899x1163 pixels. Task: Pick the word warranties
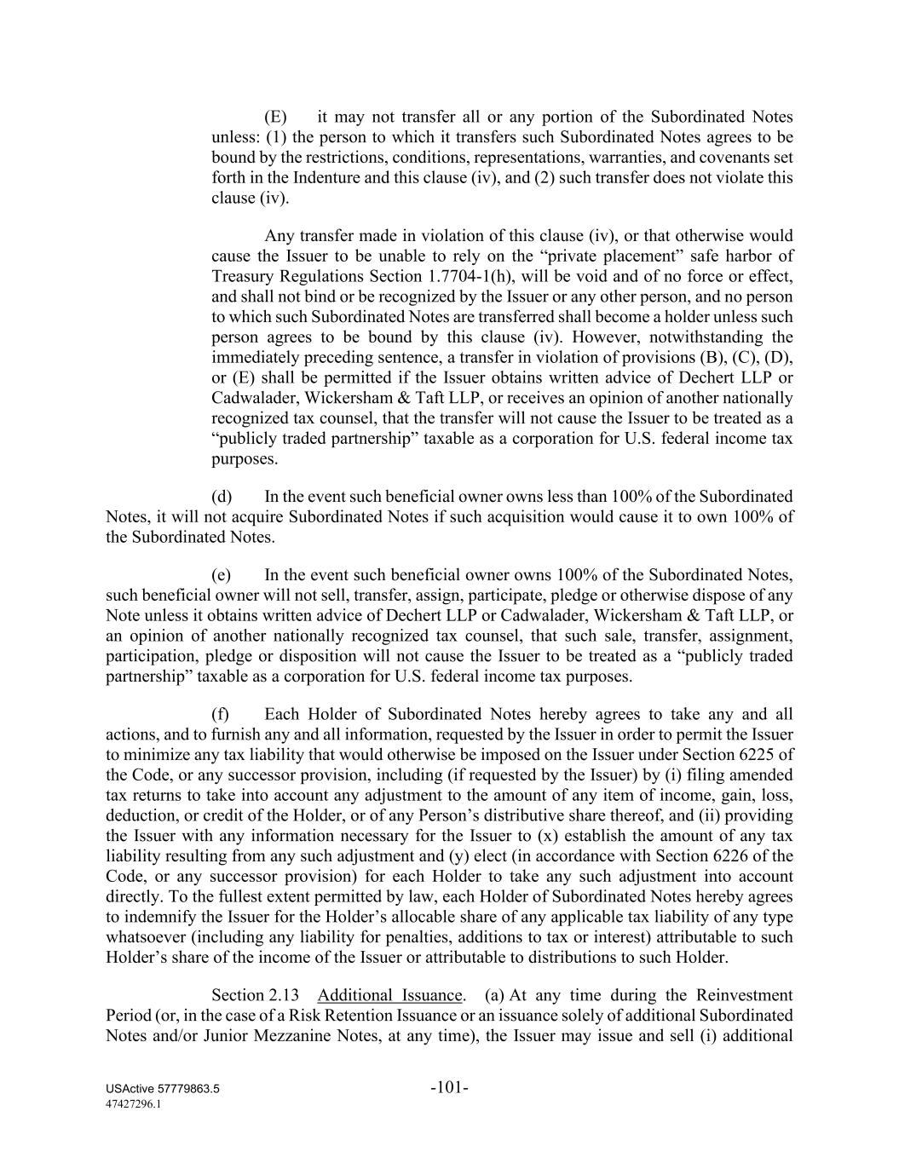(613, 158)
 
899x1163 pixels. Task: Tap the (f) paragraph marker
(221, 715)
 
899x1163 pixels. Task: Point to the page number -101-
(450, 1088)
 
